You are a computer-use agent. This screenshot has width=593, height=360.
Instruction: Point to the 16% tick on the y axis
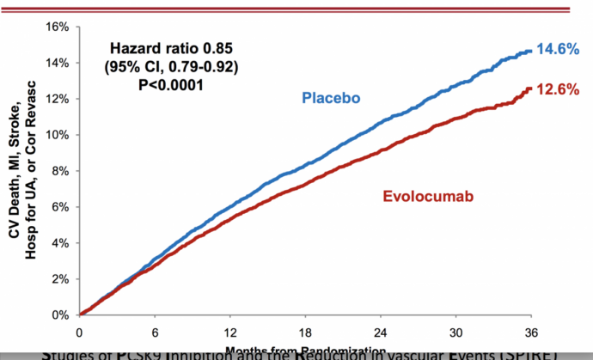(x=57, y=27)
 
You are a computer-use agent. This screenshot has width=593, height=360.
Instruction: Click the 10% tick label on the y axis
(x=57, y=135)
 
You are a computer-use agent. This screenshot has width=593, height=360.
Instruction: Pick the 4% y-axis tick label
(x=59, y=242)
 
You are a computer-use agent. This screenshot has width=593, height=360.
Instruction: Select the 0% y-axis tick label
(x=59, y=314)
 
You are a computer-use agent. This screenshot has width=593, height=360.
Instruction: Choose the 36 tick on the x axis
(x=532, y=333)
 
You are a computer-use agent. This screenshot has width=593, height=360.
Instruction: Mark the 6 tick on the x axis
(x=155, y=333)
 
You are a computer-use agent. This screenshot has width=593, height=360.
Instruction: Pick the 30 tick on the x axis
(x=456, y=333)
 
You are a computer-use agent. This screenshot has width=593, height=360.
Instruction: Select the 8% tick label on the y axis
(x=59, y=171)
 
